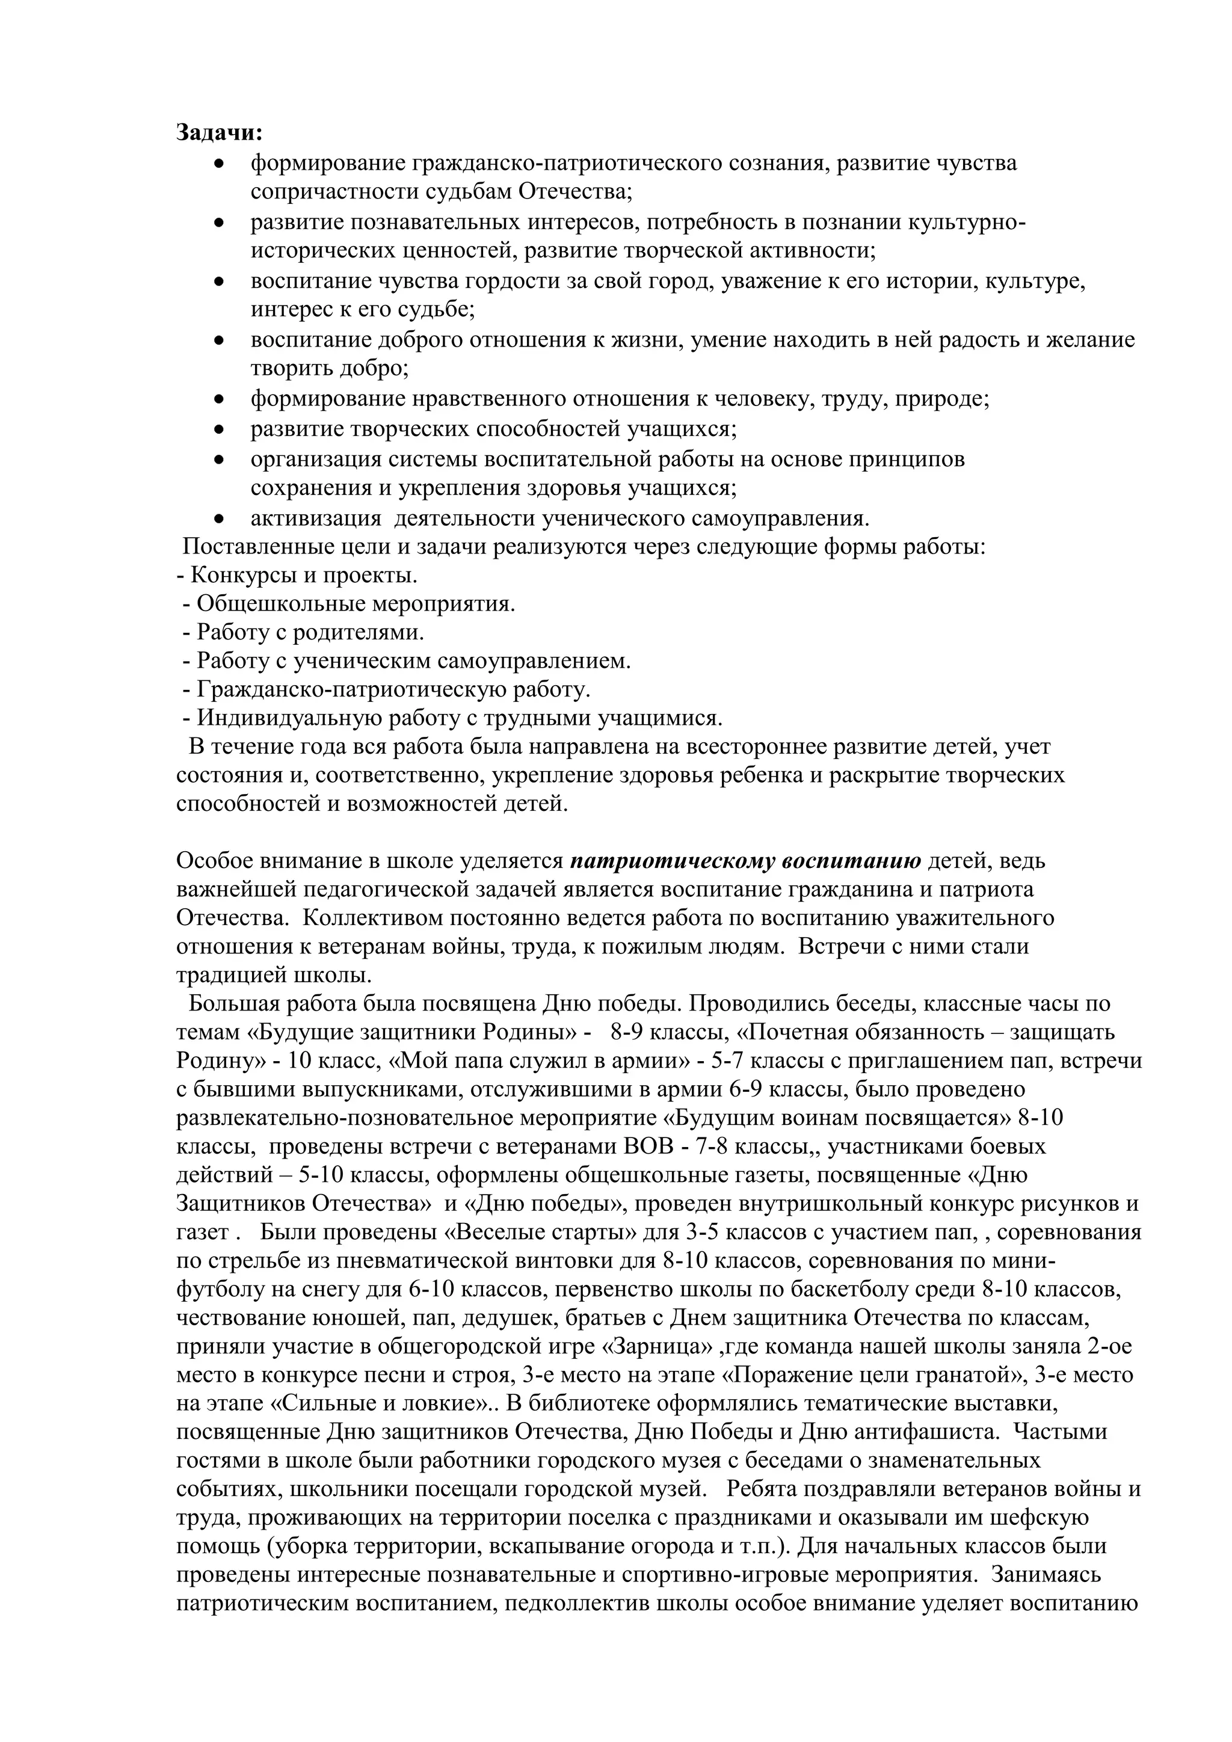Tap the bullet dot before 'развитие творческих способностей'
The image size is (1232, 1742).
pos(219,429)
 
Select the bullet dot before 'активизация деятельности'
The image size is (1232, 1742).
pos(219,519)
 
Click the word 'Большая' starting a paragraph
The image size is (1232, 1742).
pos(232,1004)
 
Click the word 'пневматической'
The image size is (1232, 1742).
pos(428,1260)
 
